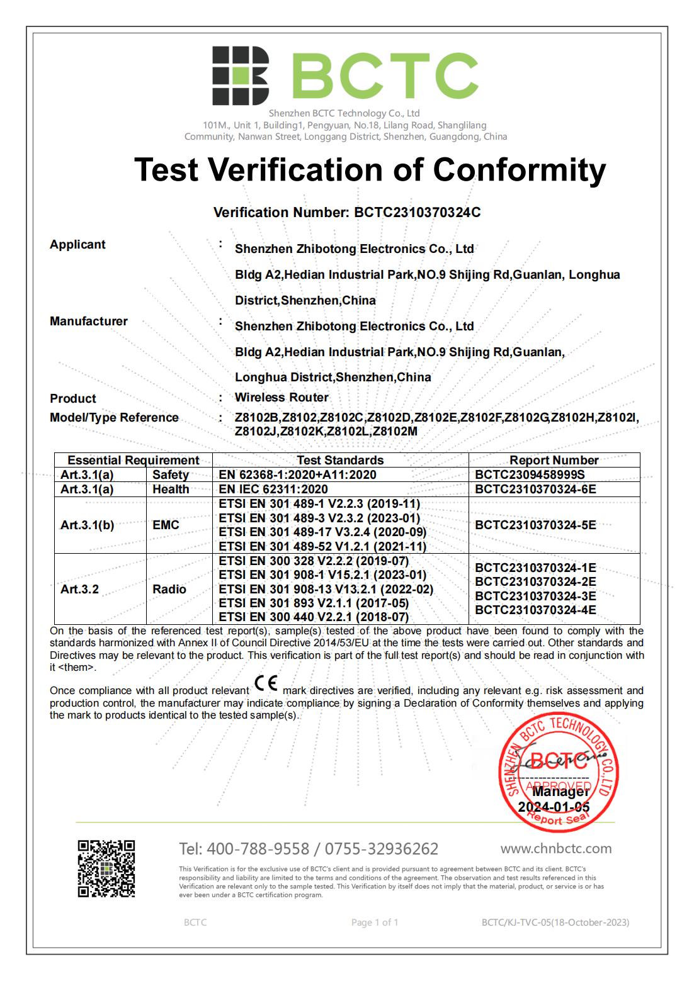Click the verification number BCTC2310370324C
pyautogui.click(x=417, y=213)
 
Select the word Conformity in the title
pyautogui.click(x=519, y=169)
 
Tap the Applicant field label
pyautogui.click(x=77, y=245)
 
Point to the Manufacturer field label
pyautogui.click(x=89, y=322)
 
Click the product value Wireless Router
pyautogui.click(x=282, y=398)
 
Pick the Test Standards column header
pyautogui.click(x=340, y=460)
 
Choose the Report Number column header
pyautogui.click(x=554, y=460)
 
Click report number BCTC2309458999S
pyautogui.click(x=530, y=474)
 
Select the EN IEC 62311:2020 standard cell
pyautogui.click(x=273, y=489)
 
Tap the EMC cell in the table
pyautogui.click(x=166, y=525)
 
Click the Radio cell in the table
pyautogui.click(x=169, y=590)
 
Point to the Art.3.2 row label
pyautogui.click(x=79, y=590)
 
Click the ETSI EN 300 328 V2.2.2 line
pyautogui.click(x=314, y=561)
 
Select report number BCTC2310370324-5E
pyautogui.click(x=535, y=525)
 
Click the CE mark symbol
pyautogui.click(x=266, y=683)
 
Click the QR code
pyautogui.click(x=106, y=868)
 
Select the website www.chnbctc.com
pyautogui.click(x=556, y=848)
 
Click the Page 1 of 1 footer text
pyautogui.click(x=375, y=922)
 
